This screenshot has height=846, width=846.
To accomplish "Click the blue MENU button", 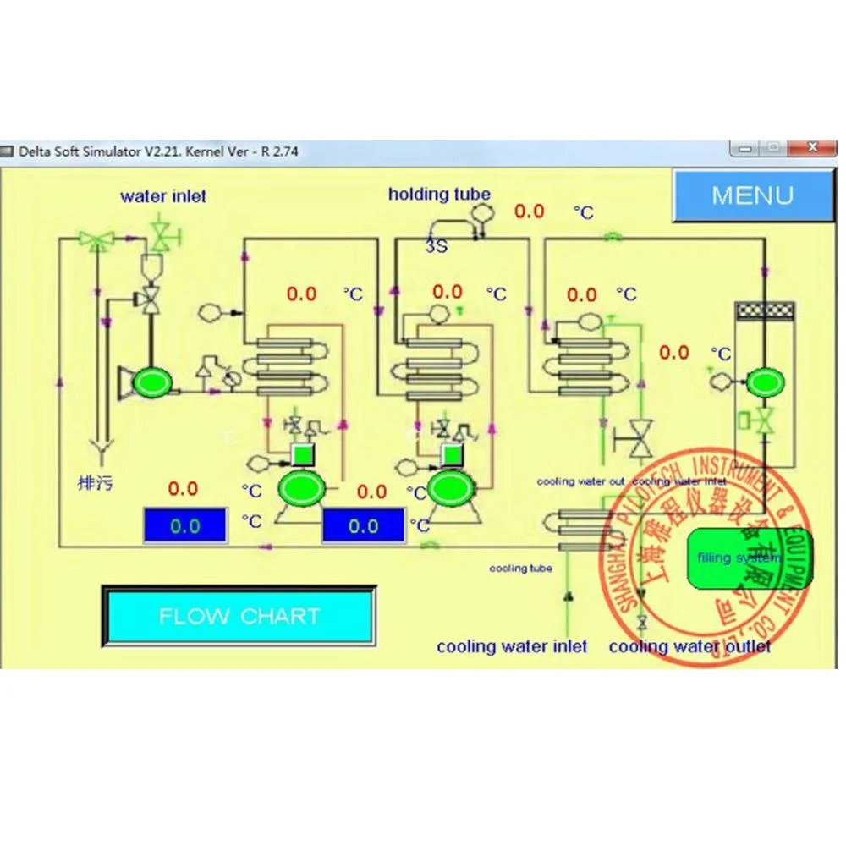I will pos(752,195).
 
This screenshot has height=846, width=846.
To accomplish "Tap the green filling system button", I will pos(750,558).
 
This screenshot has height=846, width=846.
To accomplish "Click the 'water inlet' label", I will pos(163,196).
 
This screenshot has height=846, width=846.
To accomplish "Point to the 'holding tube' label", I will pos(439,194).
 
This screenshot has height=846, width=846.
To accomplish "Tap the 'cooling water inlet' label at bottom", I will pos(512,646).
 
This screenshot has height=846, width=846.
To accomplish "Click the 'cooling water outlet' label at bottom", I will pos(689,646).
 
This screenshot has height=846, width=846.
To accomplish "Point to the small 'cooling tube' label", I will pos(520,569).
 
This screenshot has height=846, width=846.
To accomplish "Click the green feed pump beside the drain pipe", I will pos(152,382).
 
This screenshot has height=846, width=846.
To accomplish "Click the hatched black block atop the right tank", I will pos(765,310).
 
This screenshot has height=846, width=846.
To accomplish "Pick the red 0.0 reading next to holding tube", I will pos(529,211).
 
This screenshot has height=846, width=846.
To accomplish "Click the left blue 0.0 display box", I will pos(184,525).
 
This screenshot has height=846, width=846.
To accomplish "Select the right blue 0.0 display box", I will pos(363,525).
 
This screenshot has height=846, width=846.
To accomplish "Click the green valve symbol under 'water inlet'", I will pos(161,232).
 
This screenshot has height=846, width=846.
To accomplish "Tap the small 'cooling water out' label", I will pos(580,481).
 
